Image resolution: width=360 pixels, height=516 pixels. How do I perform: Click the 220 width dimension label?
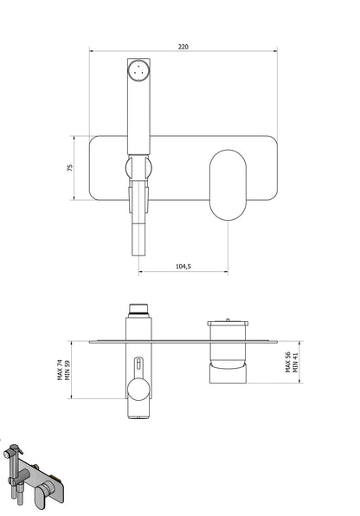pyautogui.click(x=183, y=48)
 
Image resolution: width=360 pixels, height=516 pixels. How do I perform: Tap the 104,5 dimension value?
pyautogui.click(x=183, y=268)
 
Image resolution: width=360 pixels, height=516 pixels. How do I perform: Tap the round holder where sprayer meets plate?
pyautogui.click(x=140, y=168)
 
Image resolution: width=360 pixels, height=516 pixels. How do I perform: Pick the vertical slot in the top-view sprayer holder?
pyautogui.click(x=138, y=364)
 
